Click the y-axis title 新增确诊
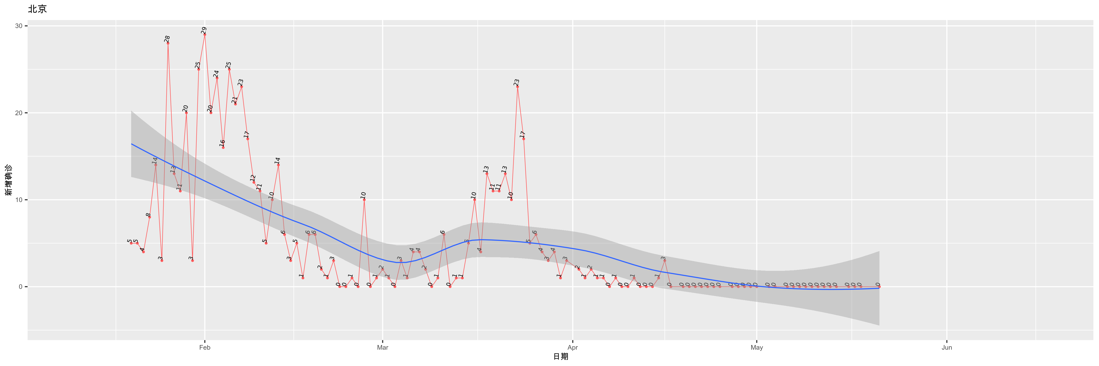9,180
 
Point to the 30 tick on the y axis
19,26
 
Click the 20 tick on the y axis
19,113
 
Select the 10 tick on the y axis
19,200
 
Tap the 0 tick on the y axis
21,287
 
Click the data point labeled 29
205,34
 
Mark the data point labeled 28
168,43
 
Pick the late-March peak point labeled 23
518,86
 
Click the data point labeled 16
223,147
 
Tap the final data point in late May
879,287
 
